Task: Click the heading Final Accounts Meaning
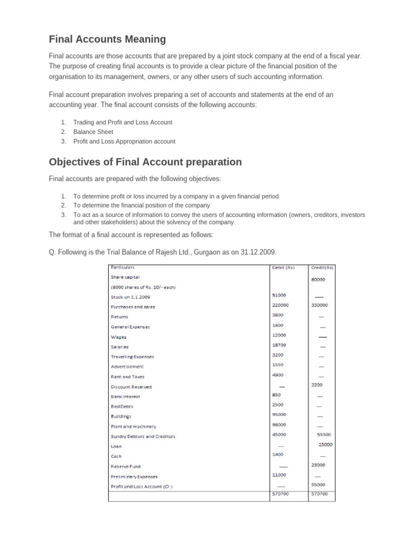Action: click(107, 39)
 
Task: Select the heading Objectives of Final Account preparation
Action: click(145, 162)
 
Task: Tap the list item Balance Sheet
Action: click(93, 132)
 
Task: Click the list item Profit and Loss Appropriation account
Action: click(124, 141)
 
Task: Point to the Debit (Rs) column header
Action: click(283, 267)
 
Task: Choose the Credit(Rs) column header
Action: click(322, 267)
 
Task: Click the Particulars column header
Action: click(122, 267)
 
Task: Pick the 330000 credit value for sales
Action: click(320, 305)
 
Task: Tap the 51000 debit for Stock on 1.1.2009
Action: click(279, 295)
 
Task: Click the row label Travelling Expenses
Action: click(132, 357)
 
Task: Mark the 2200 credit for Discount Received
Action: click(317, 385)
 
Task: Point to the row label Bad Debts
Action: click(122, 406)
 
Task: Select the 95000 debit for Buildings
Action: click(279, 415)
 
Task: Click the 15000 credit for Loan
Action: click(326, 444)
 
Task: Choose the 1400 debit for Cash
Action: click(277, 454)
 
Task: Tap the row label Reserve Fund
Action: click(126, 466)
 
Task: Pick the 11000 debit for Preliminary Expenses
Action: click(279, 474)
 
